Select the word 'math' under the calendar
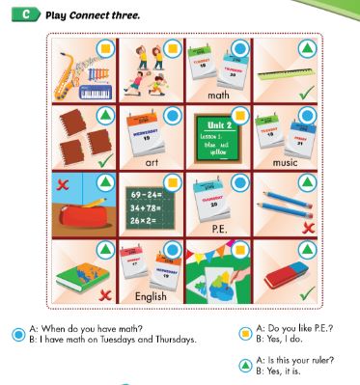pos(217,96)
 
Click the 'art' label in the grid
pos(151,163)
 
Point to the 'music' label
pos(286,163)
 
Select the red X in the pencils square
pos(307,227)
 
